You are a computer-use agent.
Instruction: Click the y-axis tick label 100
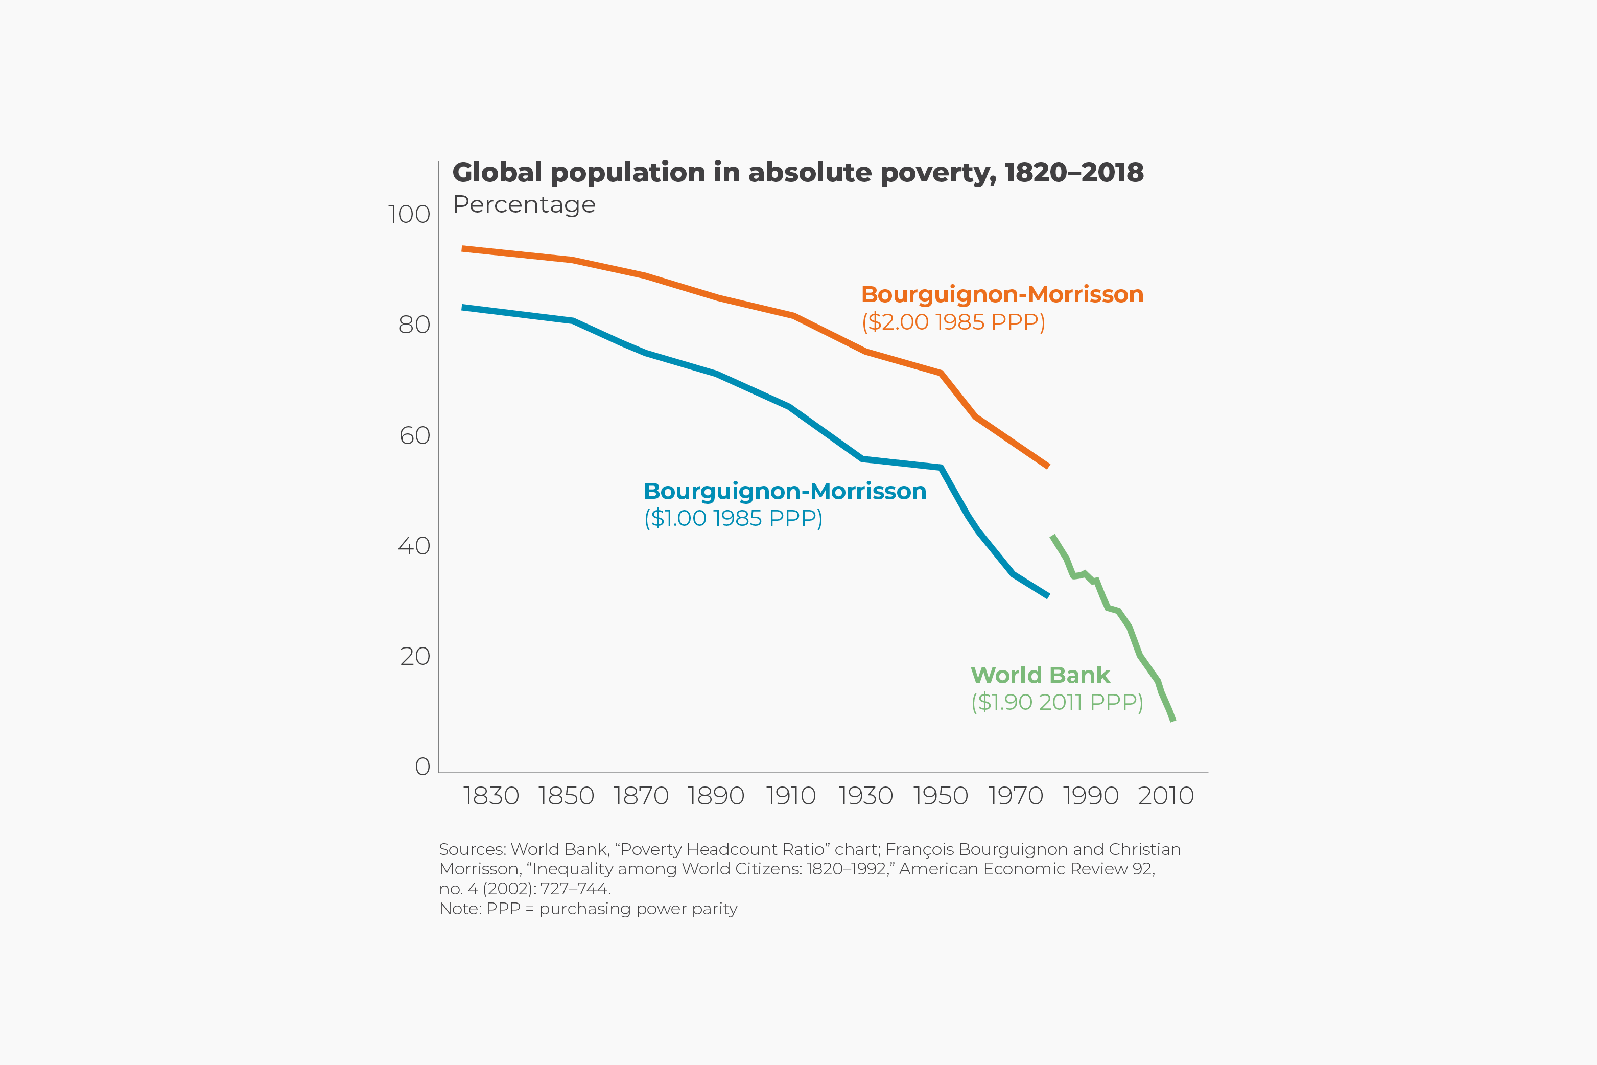pyautogui.click(x=409, y=215)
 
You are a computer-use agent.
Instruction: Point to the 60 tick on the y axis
pyautogui.click(x=414, y=436)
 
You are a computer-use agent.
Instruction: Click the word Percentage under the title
pyautogui.click(x=524, y=204)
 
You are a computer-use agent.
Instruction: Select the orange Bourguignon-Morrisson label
pyautogui.click(x=1002, y=295)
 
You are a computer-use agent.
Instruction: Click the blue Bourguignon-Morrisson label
pyautogui.click(x=784, y=491)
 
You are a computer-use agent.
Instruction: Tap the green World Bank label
pyautogui.click(x=1040, y=675)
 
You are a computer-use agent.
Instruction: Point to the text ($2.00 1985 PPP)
pyautogui.click(x=953, y=322)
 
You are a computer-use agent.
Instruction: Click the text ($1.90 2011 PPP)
pyautogui.click(x=1056, y=702)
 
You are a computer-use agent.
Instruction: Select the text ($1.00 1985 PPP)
pyautogui.click(x=733, y=518)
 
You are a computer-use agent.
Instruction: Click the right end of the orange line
pyautogui.click(x=1048, y=466)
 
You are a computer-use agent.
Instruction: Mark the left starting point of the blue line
pyautogui.click(x=463, y=308)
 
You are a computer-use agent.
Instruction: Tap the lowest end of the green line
pyautogui.click(x=1172, y=719)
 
